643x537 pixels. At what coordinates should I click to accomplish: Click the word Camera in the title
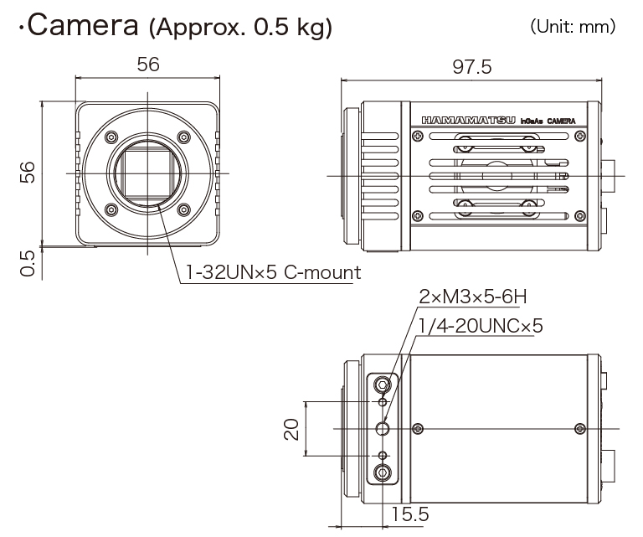click(x=83, y=25)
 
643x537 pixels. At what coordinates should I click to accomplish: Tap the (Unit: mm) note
click(x=573, y=27)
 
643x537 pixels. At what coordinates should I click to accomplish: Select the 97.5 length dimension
click(x=472, y=67)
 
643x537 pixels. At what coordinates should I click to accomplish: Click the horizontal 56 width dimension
click(x=148, y=65)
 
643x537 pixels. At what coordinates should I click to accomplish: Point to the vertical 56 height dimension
click(x=28, y=172)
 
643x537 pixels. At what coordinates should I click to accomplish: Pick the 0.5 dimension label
click(x=28, y=263)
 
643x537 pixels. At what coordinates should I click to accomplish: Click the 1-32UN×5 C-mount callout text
click(x=274, y=272)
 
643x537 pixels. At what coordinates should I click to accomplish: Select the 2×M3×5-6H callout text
click(x=473, y=297)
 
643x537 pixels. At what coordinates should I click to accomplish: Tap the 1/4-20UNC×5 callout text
click(x=481, y=326)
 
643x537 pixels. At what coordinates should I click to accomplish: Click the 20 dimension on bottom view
click(x=291, y=429)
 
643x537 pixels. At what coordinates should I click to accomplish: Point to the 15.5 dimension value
click(x=410, y=514)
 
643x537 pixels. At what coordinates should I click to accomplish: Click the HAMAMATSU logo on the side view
click(x=469, y=120)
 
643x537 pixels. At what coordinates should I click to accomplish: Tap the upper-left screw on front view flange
click(x=111, y=137)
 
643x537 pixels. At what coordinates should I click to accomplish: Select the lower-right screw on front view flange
click(x=183, y=209)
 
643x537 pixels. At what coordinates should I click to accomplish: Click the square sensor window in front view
click(x=147, y=173)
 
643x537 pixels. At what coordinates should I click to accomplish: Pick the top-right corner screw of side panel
click(x=580, y=136)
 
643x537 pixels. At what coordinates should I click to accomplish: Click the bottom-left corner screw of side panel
click(x=418, y=215)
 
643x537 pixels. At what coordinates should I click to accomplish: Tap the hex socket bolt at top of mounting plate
click(x=383, y=385)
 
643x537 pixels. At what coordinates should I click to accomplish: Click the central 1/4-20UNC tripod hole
click(x=383, y=429)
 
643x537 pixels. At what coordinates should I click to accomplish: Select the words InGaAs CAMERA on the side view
click(x=548, y=121)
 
